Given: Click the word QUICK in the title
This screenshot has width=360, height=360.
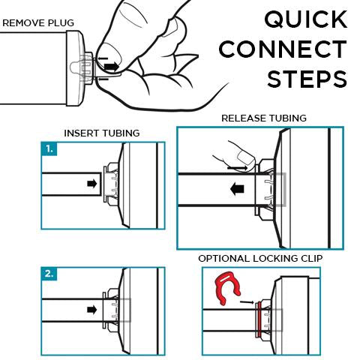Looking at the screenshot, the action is [x=306, y=19].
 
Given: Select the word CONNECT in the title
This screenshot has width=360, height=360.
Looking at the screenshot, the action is [x=283, y=49].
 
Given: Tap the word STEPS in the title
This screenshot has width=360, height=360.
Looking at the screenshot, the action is [x=307, y=79].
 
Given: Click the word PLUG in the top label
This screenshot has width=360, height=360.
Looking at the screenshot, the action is [x=61, y=23].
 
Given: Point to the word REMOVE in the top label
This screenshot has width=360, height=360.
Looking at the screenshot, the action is [x=24, y=23].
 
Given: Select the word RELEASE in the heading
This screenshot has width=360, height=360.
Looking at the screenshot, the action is [x=240, y=118].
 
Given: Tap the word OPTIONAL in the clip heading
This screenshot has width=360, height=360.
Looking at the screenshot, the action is [x=224, y=259].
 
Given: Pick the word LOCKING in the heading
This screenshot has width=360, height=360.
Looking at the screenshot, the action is [x=275, y=259].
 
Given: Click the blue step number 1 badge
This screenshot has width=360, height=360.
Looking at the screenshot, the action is [x=49, y=149].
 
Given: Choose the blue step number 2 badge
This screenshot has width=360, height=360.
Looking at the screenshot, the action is [x=49, y=274].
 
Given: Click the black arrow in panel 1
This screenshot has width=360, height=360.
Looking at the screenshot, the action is [x=92, y=184].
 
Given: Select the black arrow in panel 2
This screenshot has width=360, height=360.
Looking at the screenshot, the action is [x=92, y=310].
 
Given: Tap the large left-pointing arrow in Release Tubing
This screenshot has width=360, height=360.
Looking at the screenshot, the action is [x=237, y=189].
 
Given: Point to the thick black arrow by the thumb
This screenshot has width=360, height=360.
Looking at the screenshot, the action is [x=111, y=67].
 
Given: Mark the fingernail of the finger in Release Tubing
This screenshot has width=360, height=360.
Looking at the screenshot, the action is [x=245, y=157].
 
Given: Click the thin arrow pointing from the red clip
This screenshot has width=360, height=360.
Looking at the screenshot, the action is [x=247, y=302].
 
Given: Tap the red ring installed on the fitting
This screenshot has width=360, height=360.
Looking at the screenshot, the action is [x=259, y=319].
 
